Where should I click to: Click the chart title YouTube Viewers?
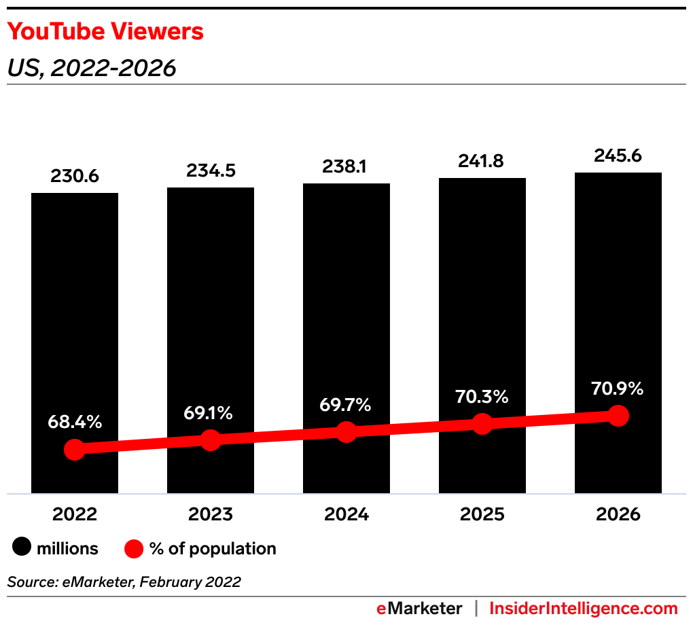pyautogui.click(x=105, y=31)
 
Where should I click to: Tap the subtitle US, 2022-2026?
pyautogui.click(x=92, y=68)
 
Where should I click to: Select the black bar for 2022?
pyautogui.click(x=75, y=306)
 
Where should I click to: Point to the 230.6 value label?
pyautogui.click(x=75, y=176)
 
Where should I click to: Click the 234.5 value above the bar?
pyautogui.click(x=211, y=171)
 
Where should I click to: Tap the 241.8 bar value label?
pyautogui.click(x=482, y=161)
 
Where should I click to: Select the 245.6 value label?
pyautogui.click(x=618, y=156)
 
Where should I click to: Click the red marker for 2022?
pyautogui.click(x=75, y=449)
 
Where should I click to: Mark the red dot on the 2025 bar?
pyautogui.click(x=482, y=424)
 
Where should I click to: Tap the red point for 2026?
pyautogui.click(x=618, y=415)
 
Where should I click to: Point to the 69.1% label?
pyautogui.click(x=211, y=412)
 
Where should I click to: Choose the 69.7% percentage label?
pyautogui.click(x=346, y=405)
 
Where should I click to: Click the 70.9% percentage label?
pyautogui.click(x=618, y=389)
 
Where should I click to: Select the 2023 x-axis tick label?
pyautogui.click(x=211, y=514)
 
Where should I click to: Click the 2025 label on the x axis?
pyautogui.click(x=482, y=514)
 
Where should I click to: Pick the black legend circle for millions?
pyautogui.click(x=22, y=548)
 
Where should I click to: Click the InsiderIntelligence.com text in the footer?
pyautogui.click(x=584, y=608)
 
